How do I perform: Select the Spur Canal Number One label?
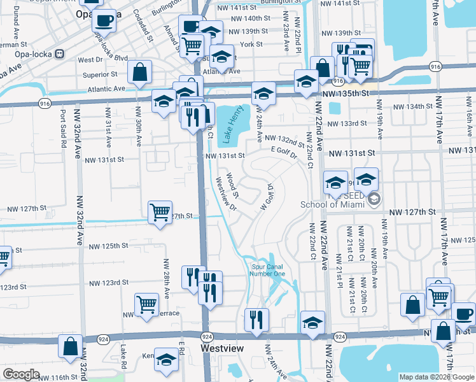pyautogui.click(x=268, y=271)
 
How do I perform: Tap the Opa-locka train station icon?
pyautogui.click(x=60, y=53)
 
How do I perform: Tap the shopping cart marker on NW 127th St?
pyautogui.click(x=160, y=212)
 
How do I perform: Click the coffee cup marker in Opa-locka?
pyautogui.click(x=104, y=20)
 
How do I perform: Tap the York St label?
pyautogui.click(x=252, y=45)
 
